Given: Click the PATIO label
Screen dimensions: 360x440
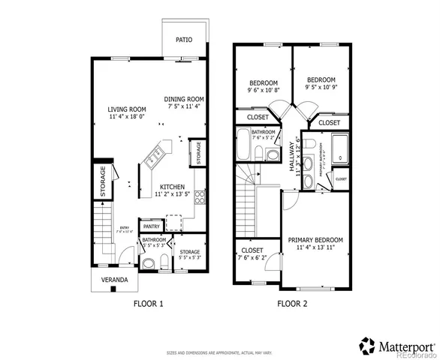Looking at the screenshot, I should click(x=184, y=40).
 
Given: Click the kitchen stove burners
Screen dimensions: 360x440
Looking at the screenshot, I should click(x=200, y=198).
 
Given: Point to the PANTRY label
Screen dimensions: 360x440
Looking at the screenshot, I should click(x=151, y=226).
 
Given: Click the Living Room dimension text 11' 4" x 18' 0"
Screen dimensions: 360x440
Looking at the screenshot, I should click(x=126, y=117).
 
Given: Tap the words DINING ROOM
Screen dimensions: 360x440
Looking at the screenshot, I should click(x=184, y=99).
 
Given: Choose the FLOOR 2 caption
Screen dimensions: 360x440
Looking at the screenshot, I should click(x=292, y=304).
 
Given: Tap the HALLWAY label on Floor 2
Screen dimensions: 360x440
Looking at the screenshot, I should click(x=292, y=158).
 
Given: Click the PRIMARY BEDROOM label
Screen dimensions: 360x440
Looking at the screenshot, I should click(x=315, y=240).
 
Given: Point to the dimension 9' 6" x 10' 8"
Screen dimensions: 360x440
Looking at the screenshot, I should click(x=263, y=90).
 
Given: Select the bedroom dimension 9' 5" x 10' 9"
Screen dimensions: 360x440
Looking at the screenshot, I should click(x=321, y=87).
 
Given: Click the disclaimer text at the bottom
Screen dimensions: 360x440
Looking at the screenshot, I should click(x=219, y=352).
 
